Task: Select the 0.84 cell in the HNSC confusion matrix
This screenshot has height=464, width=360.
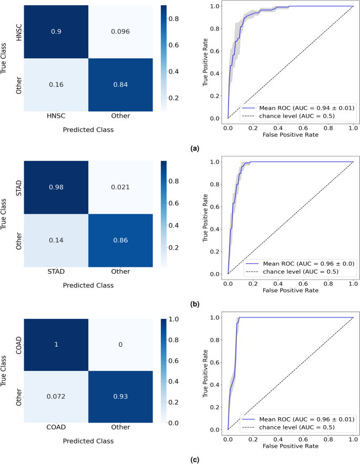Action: pos(120,84)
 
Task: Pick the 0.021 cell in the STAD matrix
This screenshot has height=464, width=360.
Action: pos(120,187)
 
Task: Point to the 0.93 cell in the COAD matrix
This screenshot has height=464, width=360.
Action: pos(120,396)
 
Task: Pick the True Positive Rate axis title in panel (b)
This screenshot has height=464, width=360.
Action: pos(205,217)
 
